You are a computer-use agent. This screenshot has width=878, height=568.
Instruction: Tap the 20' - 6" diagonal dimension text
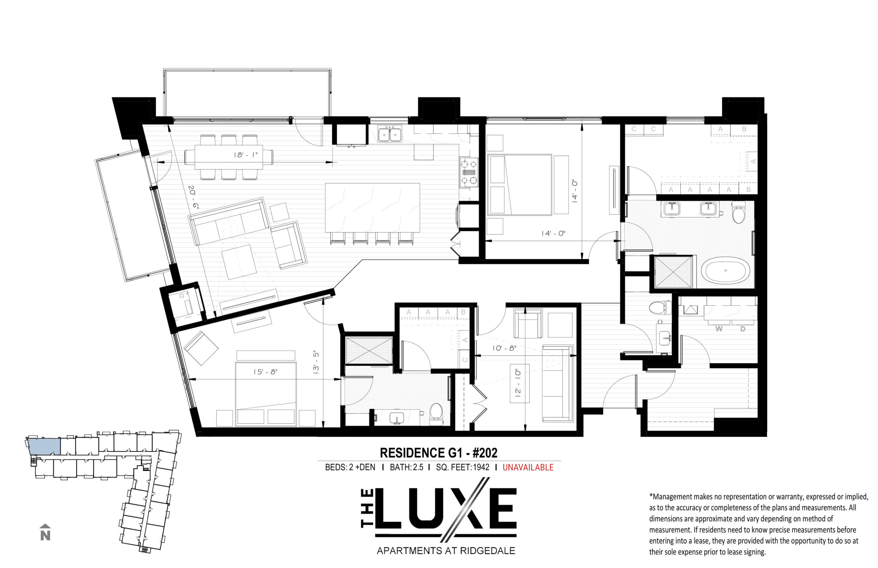(x=193, y=198)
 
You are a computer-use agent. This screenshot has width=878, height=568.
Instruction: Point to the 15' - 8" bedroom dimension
(x=265, y=372)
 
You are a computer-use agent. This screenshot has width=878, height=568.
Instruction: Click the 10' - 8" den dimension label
(x=504, y=348)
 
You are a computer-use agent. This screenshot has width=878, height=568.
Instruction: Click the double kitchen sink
(x=390, y=133)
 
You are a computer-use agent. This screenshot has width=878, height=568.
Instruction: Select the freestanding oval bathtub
(x=725, y=271)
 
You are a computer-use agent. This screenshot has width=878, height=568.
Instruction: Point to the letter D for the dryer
(x=743, y=329)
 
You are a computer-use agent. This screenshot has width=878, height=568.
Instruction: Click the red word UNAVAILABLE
(x=528, y=467)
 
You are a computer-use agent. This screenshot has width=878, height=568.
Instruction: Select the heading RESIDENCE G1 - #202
(x=439, y=452)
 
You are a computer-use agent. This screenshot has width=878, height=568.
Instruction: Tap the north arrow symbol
(x=45, y=532)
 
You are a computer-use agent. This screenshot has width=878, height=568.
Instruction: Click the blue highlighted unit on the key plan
(x=44, y=446)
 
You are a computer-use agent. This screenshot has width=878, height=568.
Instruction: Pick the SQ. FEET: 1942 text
(x=463, y=467)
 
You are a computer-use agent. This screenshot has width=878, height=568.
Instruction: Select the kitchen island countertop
(x=372, y=208)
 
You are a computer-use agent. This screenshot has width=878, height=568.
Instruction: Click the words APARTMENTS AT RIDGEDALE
(x=446, y=551)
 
